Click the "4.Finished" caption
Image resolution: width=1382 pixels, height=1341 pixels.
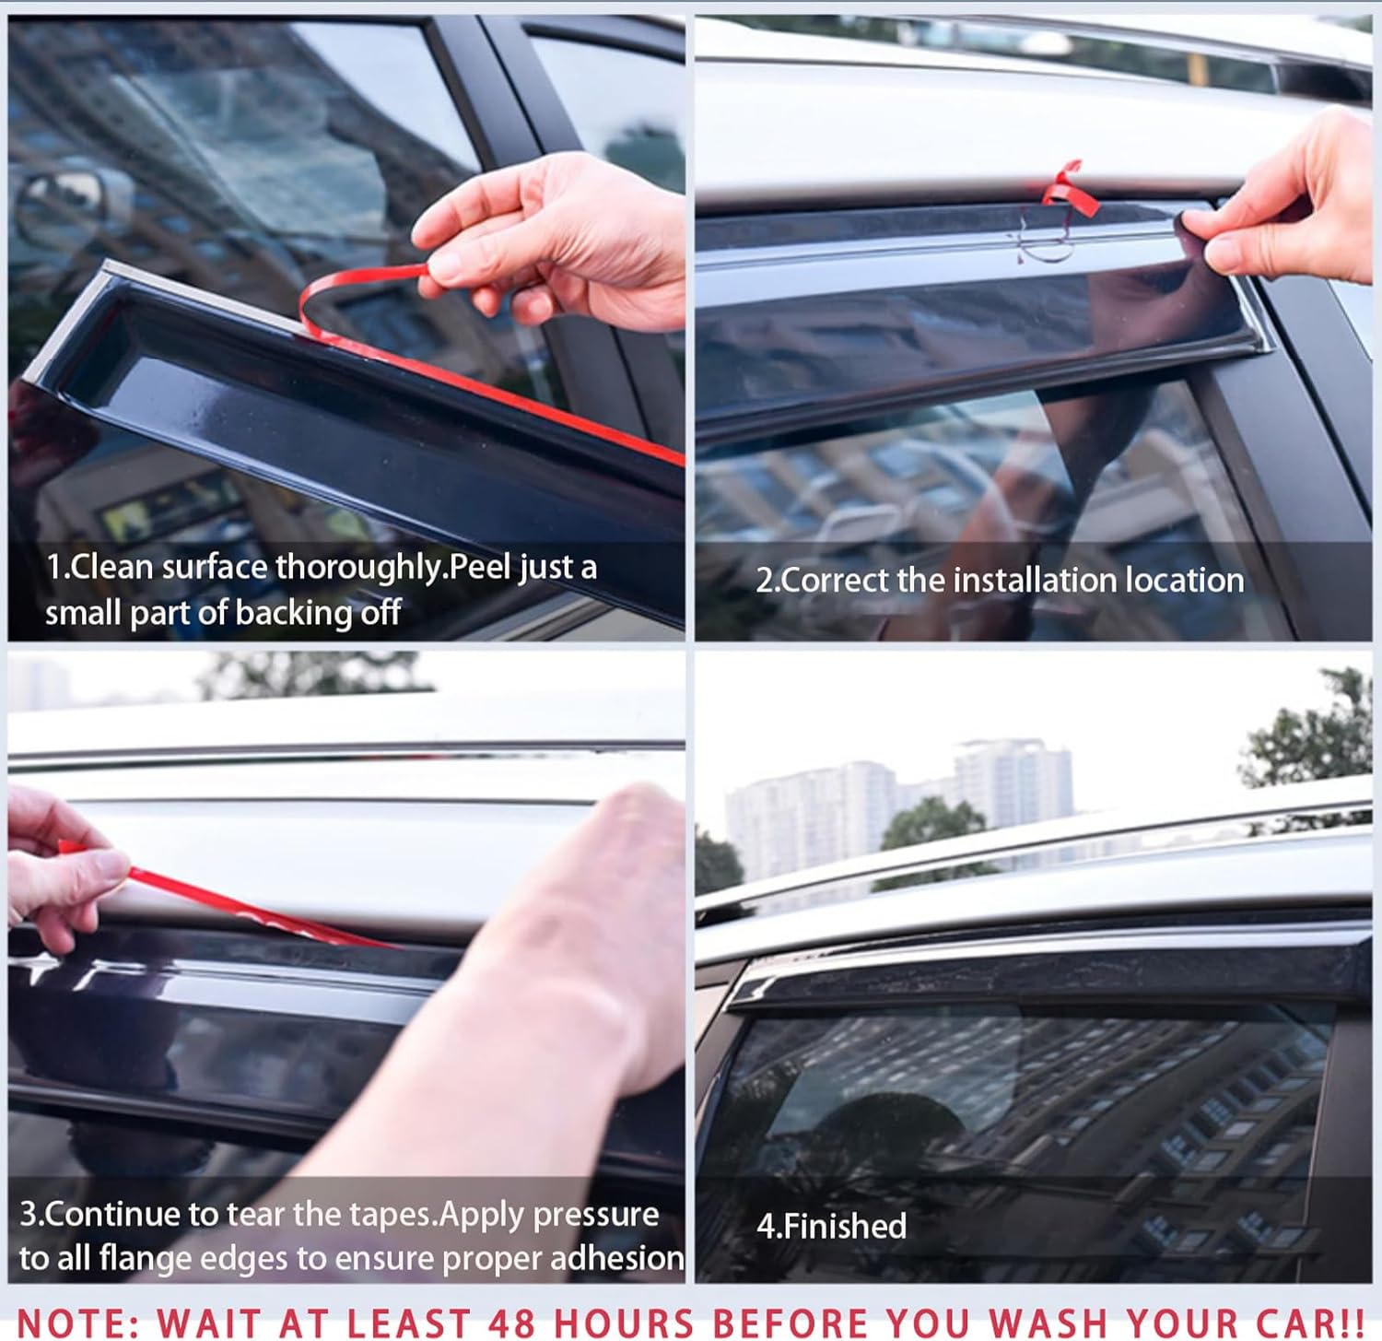point(831,1227)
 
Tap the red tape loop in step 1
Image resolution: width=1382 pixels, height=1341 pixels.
point(369,295)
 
